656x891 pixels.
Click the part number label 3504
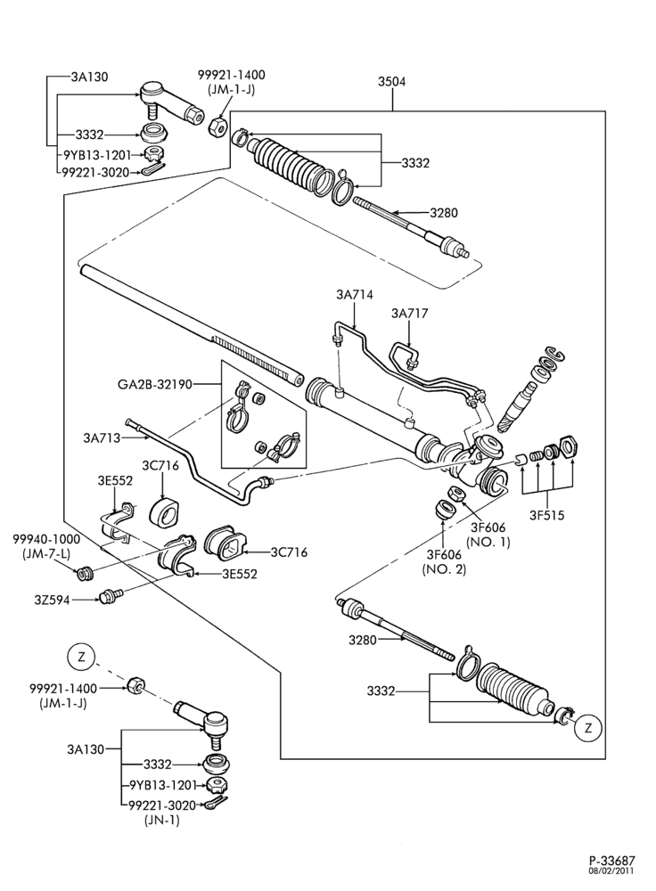[x=391, y=82]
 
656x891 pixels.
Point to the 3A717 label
[x=410, y=313]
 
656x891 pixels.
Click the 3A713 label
[x=102, y=437]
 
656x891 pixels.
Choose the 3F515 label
[x=547, y=516]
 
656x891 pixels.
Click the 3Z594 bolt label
[x=51, y=599]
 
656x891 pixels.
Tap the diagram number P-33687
[x=611, y=861]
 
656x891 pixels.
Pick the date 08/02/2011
[x=614, y=871]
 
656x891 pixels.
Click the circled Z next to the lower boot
[x=587, y=727]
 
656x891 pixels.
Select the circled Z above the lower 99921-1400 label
[x=81, y=658]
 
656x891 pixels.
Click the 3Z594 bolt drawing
[x=107, y=596]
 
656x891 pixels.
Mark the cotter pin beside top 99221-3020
[x=152, y=168]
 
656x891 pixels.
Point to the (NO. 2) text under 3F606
[x=444, y=568]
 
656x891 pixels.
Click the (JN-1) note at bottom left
[x=162, y=820]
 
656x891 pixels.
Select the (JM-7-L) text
[x=46, y=552]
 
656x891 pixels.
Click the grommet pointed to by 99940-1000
[x=85, y=573]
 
